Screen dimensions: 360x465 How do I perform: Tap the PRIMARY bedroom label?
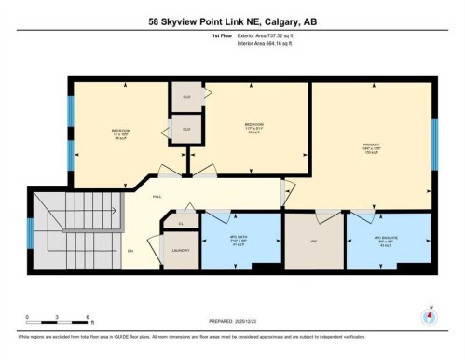(x=371, y=146)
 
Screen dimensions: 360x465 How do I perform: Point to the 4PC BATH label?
(x=239, y=240)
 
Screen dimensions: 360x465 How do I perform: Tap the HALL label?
(x=144, y=198)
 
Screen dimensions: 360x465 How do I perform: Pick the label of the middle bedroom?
(x=253, y=127)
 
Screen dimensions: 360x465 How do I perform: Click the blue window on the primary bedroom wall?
(x=433, y=145)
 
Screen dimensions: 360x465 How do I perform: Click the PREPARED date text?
(x=232, y=321)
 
